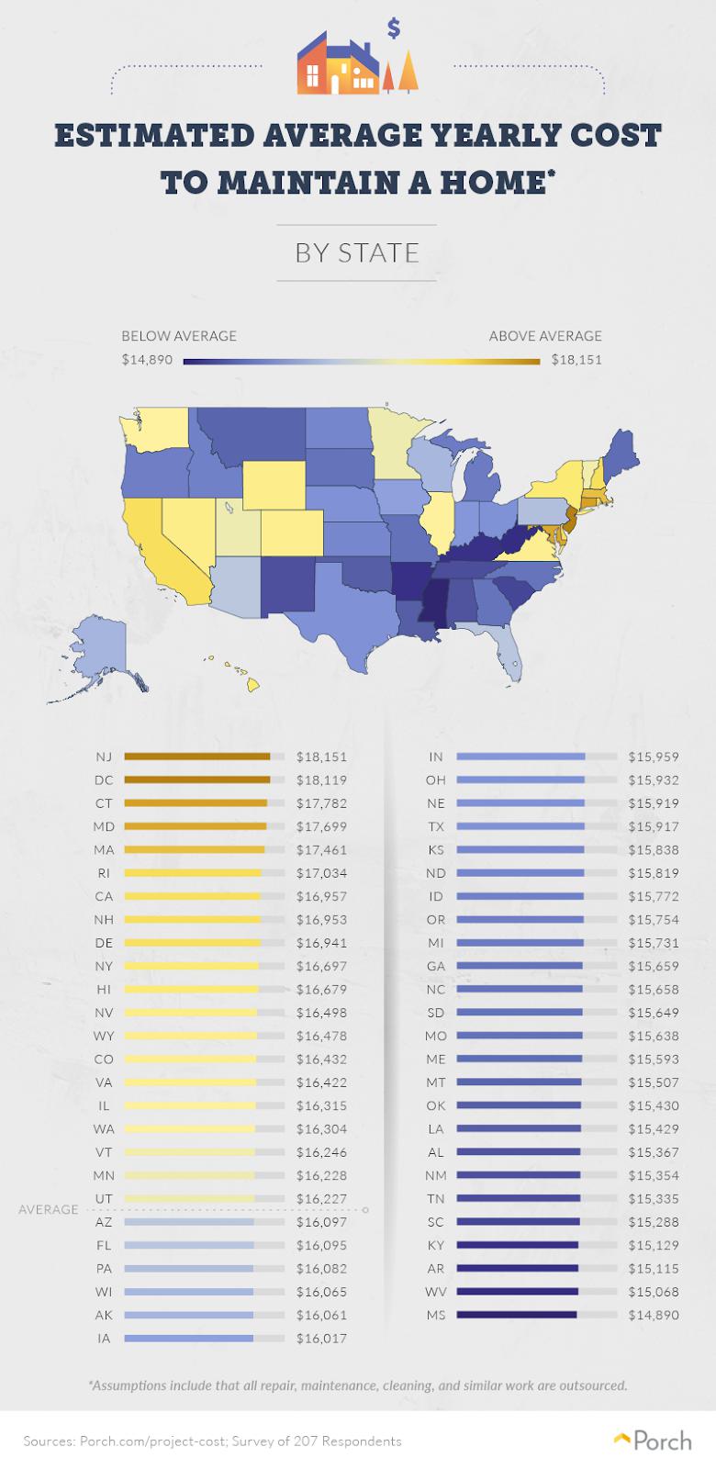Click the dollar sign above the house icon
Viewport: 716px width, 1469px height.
(x=394, y=28)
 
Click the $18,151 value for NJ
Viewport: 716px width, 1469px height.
(x=321, y=757)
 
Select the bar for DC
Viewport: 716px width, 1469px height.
(x=196, y=779)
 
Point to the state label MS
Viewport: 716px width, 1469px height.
(x=436, y=1315)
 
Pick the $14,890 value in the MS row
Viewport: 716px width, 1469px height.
(x=654, y=1315)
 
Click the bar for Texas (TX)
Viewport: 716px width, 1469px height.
(x=520, y=826)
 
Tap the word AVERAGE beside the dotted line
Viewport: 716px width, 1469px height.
(x=49, y=1209)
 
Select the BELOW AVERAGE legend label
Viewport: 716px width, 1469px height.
(x=179, y=336)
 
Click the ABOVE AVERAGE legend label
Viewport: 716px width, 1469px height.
(x=545, y=336)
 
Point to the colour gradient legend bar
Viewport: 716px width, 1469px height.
(x=362, y=362)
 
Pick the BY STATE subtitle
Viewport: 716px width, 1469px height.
(x=357, y=252)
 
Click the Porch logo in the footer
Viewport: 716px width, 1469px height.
(x=653, y=1441)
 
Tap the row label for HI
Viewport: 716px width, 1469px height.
(x=104, y=989)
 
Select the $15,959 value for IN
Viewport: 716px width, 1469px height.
(x=654, y=757)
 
